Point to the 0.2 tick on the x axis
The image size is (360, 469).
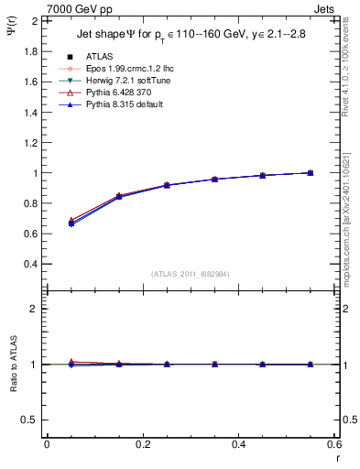tap(143, 444)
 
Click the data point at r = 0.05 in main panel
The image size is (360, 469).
tap(71, 224)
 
